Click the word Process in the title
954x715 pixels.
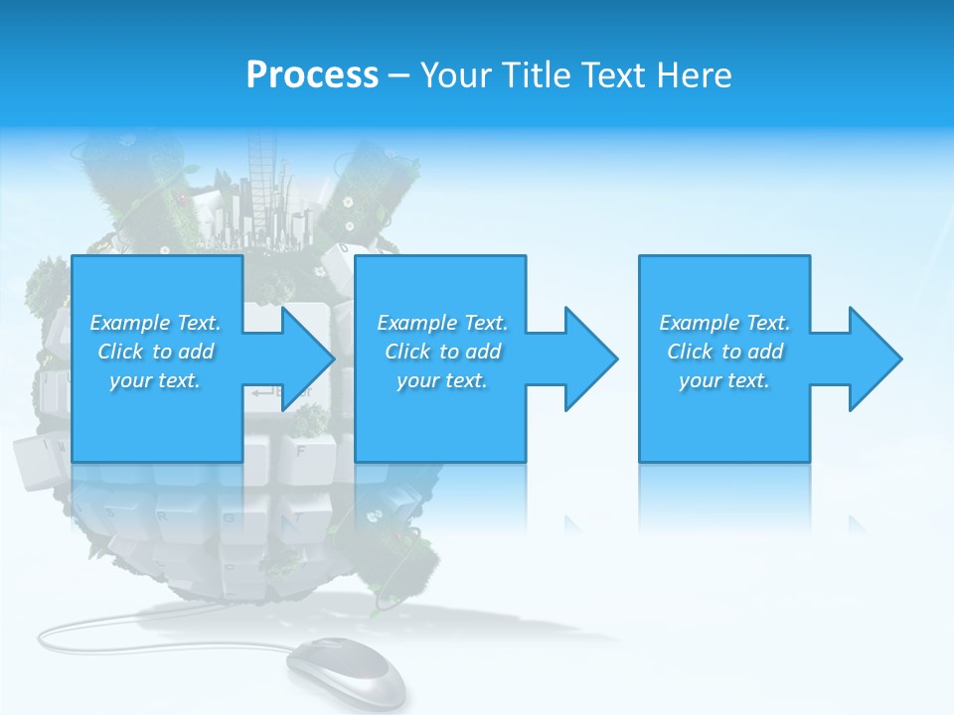[x=312, y=75]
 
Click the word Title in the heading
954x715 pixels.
[x=536, y=75]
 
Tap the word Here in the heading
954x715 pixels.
[x=696, y=75]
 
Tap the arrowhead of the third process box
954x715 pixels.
[x=874, y=358]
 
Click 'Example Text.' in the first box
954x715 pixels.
[x=155, y=323]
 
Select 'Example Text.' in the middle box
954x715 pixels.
[x=442, y=323]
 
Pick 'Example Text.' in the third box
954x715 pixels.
[x=724, y=323]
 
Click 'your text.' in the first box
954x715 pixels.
[x=155, y=380]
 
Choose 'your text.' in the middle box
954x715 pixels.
[x=442, y=380]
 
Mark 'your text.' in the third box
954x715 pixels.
[x=724, y=380]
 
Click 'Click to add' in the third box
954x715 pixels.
[x=724, y=352]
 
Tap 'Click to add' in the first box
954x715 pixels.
[x=155, y=352]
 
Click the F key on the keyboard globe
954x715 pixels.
[x=300, y=450]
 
